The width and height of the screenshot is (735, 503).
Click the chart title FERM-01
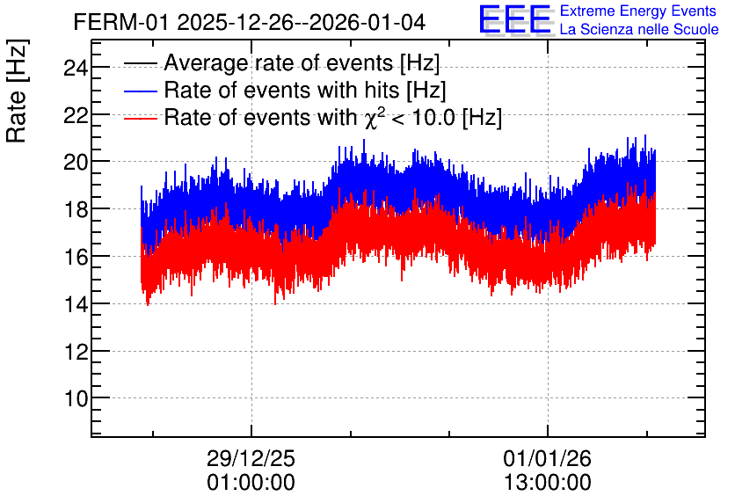coord(120,22)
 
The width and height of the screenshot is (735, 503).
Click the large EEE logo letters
coord(515,19)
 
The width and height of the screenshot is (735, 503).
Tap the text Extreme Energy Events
coord(638,11)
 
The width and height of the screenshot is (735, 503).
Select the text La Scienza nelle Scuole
coord(639,30)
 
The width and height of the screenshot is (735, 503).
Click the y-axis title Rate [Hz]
coord(18,91)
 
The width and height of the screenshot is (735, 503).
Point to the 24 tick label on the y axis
coord(76,69)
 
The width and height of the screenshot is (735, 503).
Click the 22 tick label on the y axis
coord(76,115)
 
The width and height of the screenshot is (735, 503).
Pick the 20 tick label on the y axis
coord(76,163)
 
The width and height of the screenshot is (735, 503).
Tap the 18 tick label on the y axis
coord(76,209)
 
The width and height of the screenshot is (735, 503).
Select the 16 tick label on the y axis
coord(76,257)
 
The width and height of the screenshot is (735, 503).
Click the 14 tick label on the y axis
coord(76,304)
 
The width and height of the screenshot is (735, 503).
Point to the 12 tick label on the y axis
coord(76,352)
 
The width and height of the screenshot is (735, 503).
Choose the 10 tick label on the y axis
coord(76,398)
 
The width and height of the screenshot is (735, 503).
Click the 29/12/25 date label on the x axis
coord(251,458)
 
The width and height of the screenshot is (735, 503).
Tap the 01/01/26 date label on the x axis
coord(548,458)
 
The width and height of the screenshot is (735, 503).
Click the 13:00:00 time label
coord(548,483)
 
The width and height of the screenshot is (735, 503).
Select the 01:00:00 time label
coord(251,483)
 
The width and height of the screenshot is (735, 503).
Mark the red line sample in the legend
coord(140,119)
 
